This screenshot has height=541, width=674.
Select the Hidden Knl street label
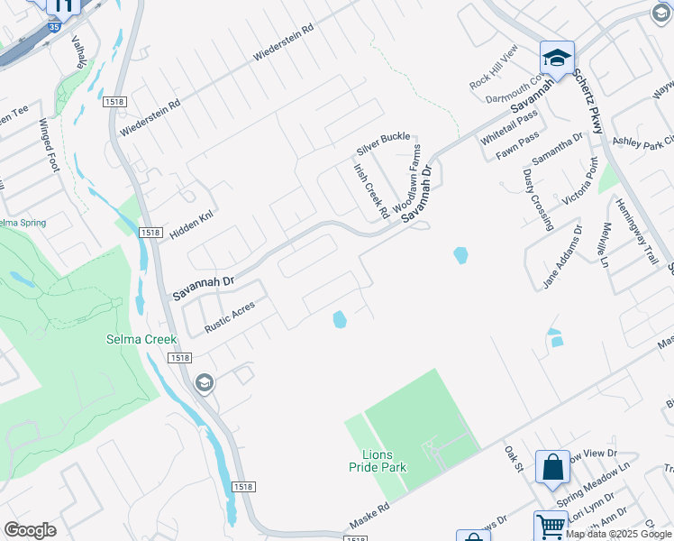190,225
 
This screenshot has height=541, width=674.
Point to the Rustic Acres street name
230,316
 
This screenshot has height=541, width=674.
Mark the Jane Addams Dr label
563,257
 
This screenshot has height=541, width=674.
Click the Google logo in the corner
30,530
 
